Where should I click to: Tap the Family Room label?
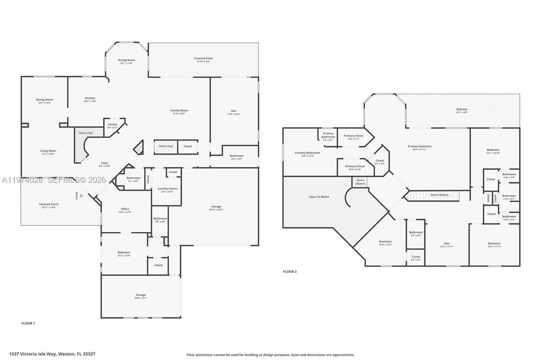(179, 111)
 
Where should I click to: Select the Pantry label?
(113, 126)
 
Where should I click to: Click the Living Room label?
(48, 151)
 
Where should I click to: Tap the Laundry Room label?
(167, 190)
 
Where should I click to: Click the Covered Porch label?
(49, 205)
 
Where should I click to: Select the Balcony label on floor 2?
(462, 110)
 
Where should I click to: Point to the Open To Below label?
(319, 197)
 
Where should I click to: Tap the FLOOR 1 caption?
(28, 323)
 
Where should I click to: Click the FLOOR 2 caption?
(290, 271)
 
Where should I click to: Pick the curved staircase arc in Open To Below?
(347, 198)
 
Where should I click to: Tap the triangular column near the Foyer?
(139, 149)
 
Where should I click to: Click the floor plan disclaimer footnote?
(270, 355)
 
